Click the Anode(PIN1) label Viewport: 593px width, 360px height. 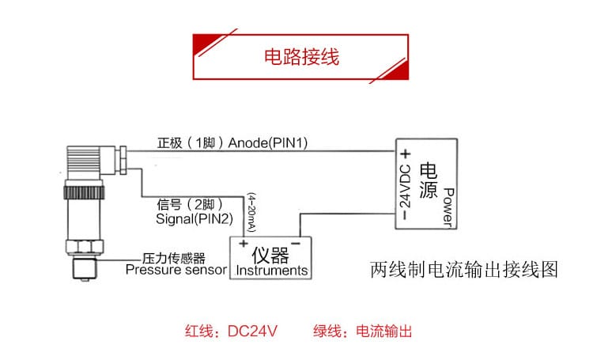tap(268, 143)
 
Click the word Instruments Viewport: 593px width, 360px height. tap(272, 271)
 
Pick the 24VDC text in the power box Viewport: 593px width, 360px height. tap(405, 188)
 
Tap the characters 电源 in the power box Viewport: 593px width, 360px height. tap(427, 184)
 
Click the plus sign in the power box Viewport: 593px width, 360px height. tap(404, 154)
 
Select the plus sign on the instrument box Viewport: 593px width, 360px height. tap(243, 242)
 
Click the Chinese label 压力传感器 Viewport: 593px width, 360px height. tap(174, 258)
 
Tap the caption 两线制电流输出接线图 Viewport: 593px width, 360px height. tap(464, 270)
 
